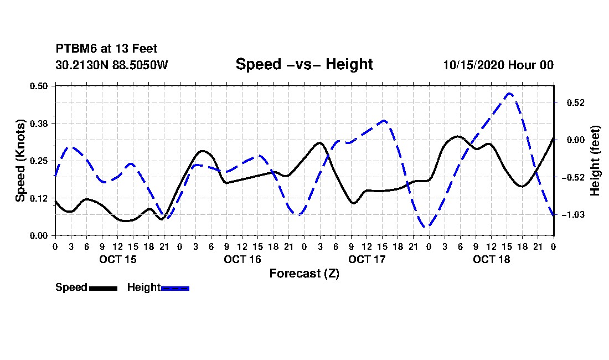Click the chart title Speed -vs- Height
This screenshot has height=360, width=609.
(x=304, y=64)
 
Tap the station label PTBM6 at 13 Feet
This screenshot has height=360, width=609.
(x=106, y=49)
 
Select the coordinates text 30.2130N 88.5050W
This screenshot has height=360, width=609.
(x=112, y=65)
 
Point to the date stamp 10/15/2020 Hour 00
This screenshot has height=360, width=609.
(x=498, y=65)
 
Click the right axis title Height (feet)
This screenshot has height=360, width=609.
(x=595, y=161)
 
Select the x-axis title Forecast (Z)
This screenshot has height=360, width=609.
(x=304, y=274)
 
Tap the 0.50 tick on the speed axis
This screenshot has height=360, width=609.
(x=39, y=86)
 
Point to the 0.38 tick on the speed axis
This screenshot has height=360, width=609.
(x=39, y=124)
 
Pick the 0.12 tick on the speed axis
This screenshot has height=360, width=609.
(x=39, y=198)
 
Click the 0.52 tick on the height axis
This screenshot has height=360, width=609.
(x=575, y=102)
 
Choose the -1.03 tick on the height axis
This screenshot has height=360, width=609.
(x=573, y=214)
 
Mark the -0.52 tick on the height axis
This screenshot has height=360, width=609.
(x=573, y=177)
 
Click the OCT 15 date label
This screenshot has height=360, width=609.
(x=118, y=259)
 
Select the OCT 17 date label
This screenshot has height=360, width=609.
(x=367, y=259)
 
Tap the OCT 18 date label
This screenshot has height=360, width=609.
(x=491, y=259)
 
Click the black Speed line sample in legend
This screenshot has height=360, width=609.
(x=103, y=288)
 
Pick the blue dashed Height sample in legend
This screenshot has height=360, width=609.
(x=175, y=288)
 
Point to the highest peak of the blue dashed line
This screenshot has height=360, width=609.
(x=509, y=93)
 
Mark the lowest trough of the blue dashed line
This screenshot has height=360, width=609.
(x=426, y=227)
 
